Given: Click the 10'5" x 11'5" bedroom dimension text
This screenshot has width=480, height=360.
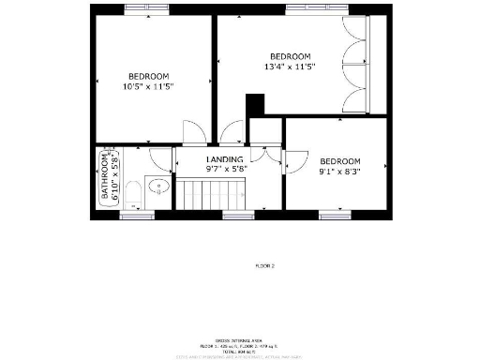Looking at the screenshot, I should tap(148, 86).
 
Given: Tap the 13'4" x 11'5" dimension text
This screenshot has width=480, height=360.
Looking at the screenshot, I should tap(290, 67).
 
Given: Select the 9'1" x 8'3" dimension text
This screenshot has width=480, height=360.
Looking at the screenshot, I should tap(339, 172).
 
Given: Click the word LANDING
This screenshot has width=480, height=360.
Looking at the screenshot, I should tap(225, 159).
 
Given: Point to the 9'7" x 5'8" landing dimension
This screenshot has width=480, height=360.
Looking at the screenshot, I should tap(225, 170).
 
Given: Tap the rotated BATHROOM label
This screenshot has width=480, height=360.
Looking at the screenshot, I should tap(106, 178).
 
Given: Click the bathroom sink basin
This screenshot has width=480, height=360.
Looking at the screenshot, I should tap(158, 186).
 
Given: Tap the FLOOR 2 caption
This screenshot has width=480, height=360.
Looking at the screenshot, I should tap(265, 266).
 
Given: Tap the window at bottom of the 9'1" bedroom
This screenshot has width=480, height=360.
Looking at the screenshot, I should tap(335, 216).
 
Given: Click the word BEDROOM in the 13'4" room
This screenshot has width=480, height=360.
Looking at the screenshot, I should tap(290, 56).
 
